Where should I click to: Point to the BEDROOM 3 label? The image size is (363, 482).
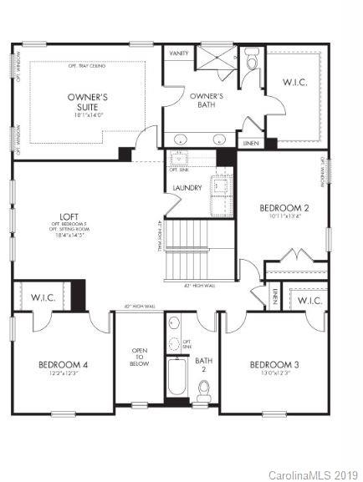click(274, 364)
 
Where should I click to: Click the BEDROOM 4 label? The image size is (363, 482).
click(63, 364)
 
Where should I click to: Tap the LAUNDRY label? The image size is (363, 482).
click(187, 188)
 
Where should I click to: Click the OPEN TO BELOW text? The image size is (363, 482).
click(139, 357)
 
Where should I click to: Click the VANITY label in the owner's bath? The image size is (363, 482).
click(178, 53)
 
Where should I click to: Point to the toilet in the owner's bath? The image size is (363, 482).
click(253, 62)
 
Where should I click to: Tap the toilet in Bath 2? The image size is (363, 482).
click(204, 388)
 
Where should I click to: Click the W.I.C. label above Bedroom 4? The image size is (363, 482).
click(42, 297)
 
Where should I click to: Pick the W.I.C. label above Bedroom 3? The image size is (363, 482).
click(309, 301)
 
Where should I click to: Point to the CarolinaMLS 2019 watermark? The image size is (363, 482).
click(313, 474)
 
